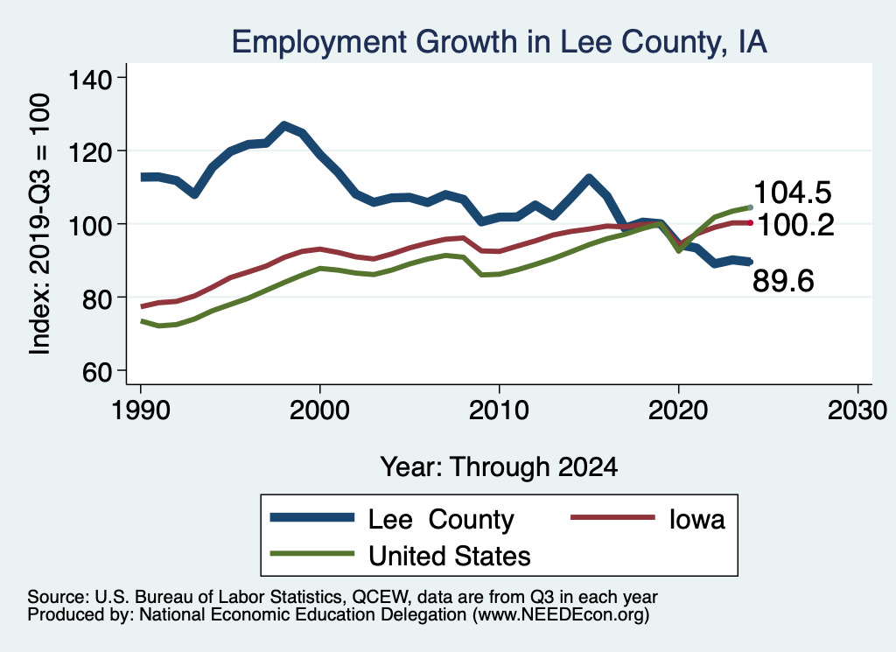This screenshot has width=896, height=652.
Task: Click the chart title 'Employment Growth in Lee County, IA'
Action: tap(499, 42)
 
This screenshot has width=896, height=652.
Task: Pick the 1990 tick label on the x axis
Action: tap(140, 410)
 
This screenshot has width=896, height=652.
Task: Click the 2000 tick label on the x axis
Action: tap(319, 410)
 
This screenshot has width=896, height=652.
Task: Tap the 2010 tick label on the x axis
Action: tap(499, 410)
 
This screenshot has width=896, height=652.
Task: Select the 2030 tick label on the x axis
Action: tap(857, 410)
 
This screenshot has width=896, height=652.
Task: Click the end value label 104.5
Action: tap(792, 192)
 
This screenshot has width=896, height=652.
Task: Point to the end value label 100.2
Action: tap(795, 225)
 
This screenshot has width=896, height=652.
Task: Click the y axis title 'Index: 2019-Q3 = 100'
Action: tap(39, 224)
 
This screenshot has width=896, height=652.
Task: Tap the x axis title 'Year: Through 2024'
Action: tap(499, 466)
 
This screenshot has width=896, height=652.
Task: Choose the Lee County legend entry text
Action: tap(441, 519)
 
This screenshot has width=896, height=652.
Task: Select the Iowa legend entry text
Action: tap(696, 519)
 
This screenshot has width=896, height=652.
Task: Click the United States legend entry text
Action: tap(450, 555)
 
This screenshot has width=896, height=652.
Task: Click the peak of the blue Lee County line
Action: tap(284, 127)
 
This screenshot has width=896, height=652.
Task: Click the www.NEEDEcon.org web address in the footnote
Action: tap(561, 615)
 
